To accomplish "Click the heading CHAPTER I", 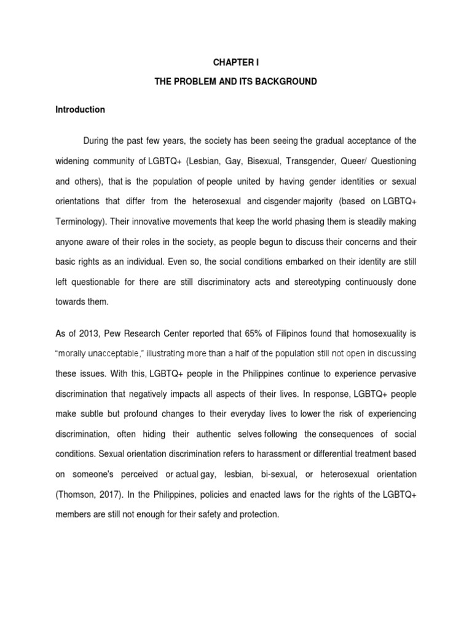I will click(x=236, y=62).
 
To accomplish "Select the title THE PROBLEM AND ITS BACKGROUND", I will click(x=236, y=81).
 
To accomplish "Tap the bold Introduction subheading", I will click(x=81, y=110).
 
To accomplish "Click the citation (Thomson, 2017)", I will click(x=88, y=494).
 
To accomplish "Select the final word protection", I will click(x=258, y=514).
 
